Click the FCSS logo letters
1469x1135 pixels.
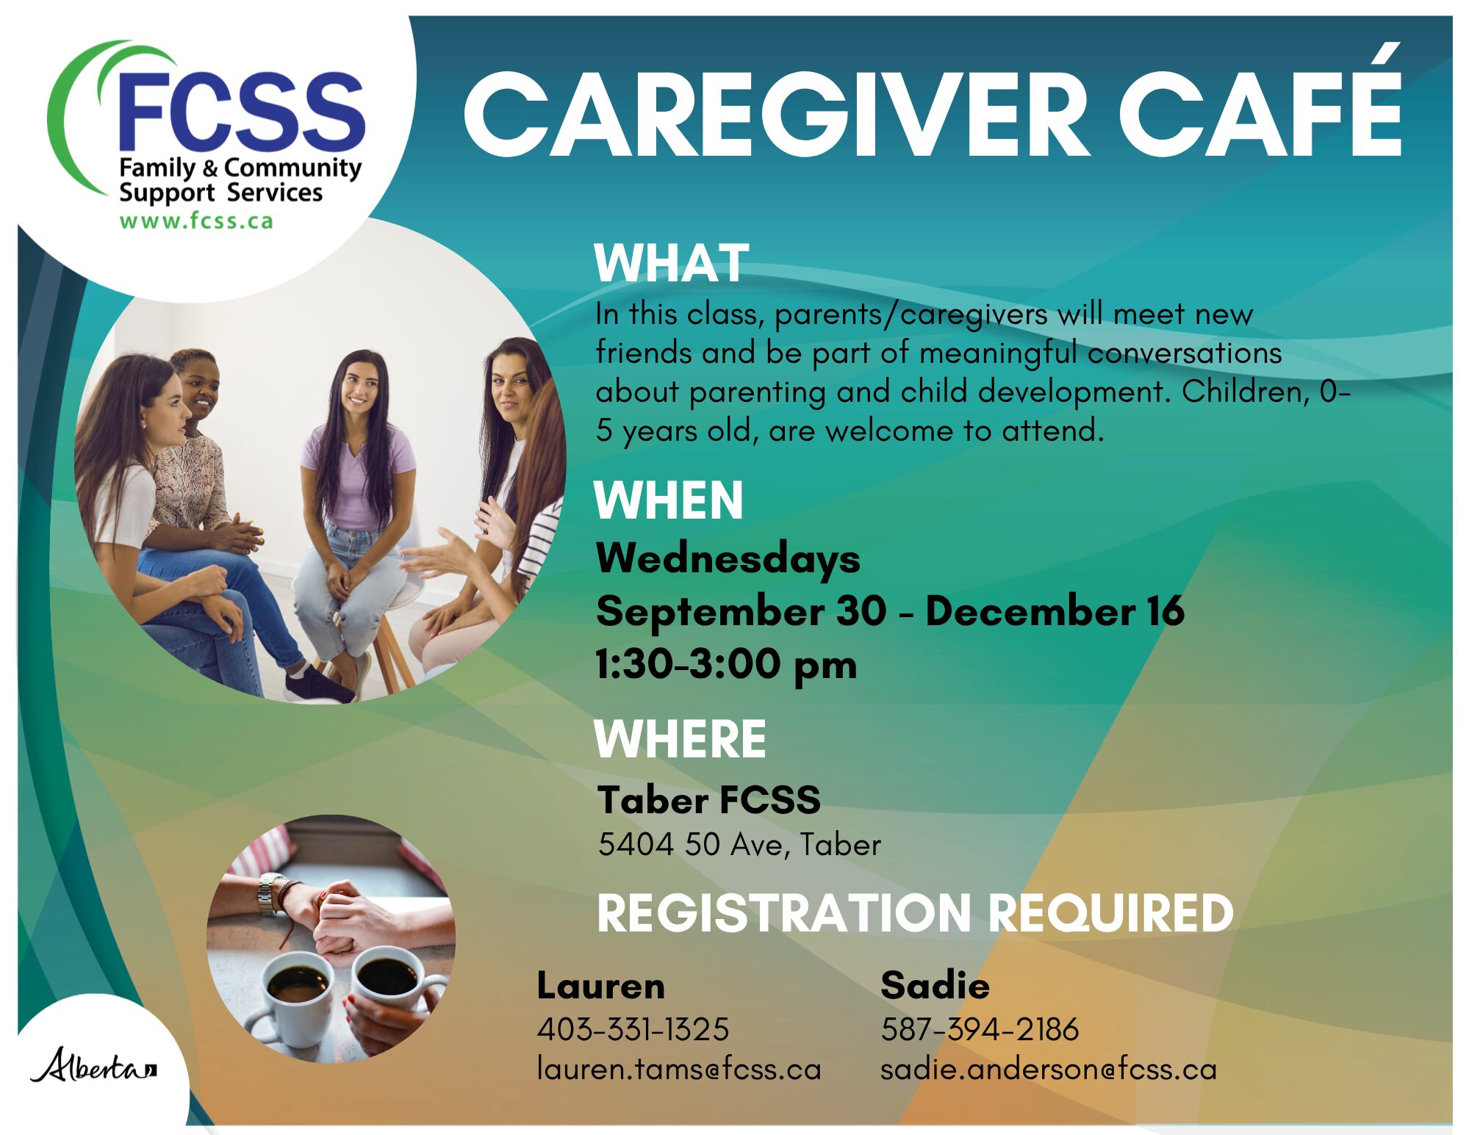coord(241,110)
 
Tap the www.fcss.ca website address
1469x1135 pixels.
coord(196,220)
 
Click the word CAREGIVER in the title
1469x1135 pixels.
coord(776,115)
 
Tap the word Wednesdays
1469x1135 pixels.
coord(728,559)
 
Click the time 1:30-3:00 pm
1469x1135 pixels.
coord(726,665)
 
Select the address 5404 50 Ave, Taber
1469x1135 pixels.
coord(739,845)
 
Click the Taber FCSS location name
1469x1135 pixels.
coord(708,799)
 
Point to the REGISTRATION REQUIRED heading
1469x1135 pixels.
coord(915,913)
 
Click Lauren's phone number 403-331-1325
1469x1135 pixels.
coord(633,1029)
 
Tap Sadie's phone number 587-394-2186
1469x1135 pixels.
coord(980,1029)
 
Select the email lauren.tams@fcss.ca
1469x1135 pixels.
coord(679,1069)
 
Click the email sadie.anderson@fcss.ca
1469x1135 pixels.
coord(1049,1069)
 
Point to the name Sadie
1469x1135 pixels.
coord(935,985)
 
